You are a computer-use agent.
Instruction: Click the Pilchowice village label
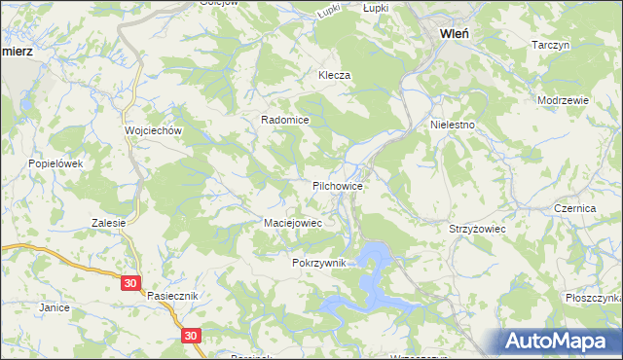tap(338, 185)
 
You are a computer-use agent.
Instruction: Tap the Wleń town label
tap(456, 33)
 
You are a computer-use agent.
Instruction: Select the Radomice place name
tap(284, 120)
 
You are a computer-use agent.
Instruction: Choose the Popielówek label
tap(55, 163)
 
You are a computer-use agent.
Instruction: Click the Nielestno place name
tap(453, 126)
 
